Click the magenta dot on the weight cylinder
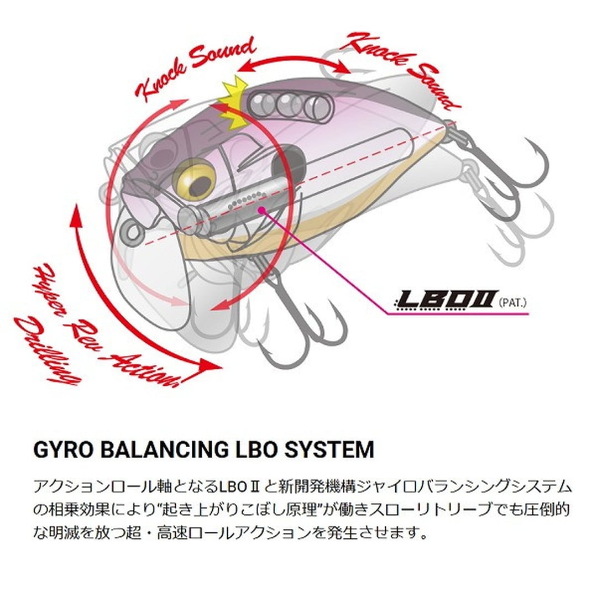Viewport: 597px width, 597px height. click(261, 210)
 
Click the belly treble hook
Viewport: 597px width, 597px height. click(298, 326)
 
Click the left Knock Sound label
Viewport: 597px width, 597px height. click(196, 69)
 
